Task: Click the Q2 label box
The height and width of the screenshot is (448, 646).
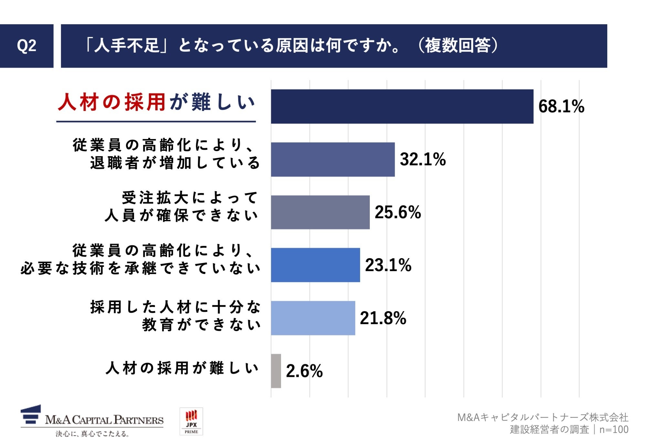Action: (x=26, y=46)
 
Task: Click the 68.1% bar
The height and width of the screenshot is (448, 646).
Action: (x=402, y=106)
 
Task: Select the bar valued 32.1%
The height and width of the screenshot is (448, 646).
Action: (x=333, y=159)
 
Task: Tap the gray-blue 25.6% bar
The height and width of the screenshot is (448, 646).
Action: (x=320, y=212)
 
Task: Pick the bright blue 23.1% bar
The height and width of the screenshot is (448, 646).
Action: (x=315, y=265)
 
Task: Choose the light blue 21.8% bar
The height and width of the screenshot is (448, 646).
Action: (x=313, y=318)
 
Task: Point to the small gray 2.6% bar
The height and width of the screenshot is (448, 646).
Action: (x=276, y=371)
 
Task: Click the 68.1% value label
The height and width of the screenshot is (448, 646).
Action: (x=561, y=106)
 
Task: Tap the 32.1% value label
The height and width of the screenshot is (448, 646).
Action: (x=422, y=159)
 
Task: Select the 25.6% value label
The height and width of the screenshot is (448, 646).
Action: (x=398, y=213)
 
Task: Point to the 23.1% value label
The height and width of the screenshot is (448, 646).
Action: (x=388, y=265)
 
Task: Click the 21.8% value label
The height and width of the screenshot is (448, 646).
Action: (x=383, y=318)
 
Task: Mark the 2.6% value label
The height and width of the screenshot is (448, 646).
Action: (x=304, y=371)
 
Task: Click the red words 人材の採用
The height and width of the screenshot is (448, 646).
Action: (x=112, y=102)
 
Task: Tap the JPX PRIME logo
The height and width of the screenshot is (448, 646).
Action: (x=191, y=421)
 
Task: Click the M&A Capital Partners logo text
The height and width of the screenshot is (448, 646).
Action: (x=104, y=420)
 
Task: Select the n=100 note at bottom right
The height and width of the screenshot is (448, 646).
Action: (x=614, y=430)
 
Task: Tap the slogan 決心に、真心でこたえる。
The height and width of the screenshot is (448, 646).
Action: (x=92, y=434)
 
